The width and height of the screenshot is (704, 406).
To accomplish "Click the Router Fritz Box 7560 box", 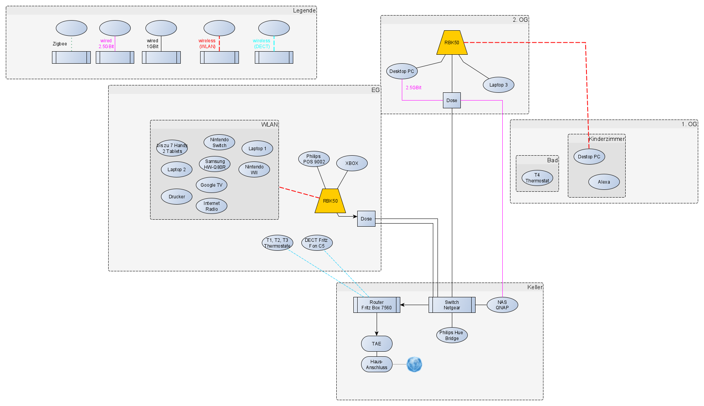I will [376, 305].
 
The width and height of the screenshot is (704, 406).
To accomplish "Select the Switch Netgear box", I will [451, 305].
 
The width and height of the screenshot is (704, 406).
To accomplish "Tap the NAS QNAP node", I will [502, 305].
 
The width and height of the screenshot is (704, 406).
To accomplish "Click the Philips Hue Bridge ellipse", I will [451, 335].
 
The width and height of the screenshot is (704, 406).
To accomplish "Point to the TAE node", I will [376, 344].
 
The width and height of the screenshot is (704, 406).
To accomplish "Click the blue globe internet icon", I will [414, 364].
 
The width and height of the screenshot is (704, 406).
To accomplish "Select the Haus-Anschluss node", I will [376, 364].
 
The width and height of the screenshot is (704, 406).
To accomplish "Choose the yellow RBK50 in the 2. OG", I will [451, 43].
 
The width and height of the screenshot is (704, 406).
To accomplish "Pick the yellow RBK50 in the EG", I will [330, 201].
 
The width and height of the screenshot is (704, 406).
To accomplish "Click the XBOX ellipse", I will [351, 163].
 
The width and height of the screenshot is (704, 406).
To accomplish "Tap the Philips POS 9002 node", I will [314, 159].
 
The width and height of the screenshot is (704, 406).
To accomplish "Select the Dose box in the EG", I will [366, 219].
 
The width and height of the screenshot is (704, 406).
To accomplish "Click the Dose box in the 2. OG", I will [451, 101].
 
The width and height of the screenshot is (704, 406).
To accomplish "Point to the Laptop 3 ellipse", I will [498, 85].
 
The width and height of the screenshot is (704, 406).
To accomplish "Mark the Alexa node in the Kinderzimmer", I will [604, 182].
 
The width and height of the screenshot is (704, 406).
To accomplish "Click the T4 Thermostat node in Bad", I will [537, 178].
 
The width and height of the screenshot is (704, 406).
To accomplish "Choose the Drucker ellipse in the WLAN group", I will [176, 197].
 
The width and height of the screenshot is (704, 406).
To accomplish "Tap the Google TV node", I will [211, 185].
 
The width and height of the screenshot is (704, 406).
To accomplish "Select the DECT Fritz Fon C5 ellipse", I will [317, 243].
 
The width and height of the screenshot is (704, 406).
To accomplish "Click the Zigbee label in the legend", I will [60, 44].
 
